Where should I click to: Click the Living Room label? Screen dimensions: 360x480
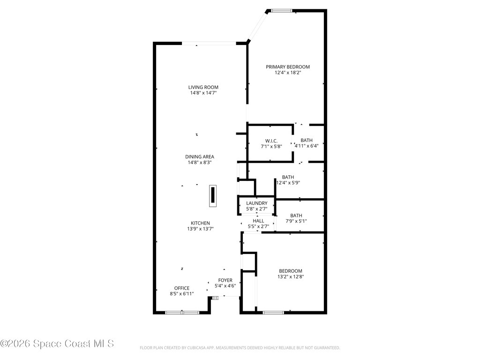pos(203,87)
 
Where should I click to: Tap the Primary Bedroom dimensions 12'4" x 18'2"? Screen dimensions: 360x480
pos(288,73)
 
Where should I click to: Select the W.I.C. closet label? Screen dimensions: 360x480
pos(271,141)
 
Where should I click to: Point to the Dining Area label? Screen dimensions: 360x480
pos(200,157)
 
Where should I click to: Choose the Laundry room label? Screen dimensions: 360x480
pos(256,203)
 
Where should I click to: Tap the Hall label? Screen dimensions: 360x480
pos(258,220)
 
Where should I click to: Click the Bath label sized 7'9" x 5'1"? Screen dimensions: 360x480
pos(296,216)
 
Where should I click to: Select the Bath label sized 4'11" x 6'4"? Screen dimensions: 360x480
pos(306,140)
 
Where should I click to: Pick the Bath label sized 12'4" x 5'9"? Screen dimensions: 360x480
pos(288,177)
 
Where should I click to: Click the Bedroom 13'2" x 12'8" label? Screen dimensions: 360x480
pos(290,271)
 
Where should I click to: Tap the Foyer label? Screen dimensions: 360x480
pos(225,280)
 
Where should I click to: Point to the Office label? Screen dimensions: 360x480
pos(182,288)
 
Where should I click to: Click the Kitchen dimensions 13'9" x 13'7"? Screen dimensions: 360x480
pos(200,229)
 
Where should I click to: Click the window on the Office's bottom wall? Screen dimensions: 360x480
pos(182,312)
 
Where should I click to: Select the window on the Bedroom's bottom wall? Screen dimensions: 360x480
pos(273,312)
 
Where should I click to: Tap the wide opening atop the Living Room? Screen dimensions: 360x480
pos(209,44)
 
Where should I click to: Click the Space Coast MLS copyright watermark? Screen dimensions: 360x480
pos(57,344)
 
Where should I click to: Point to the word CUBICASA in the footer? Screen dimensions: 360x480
pos(188,348)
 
